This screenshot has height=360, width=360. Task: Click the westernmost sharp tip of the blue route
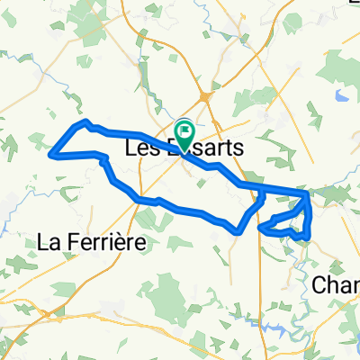click(x=58, y=154)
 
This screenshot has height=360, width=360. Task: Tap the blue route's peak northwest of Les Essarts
click(x=85, y=121)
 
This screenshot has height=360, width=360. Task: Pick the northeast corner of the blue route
click(x=309, y=192)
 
